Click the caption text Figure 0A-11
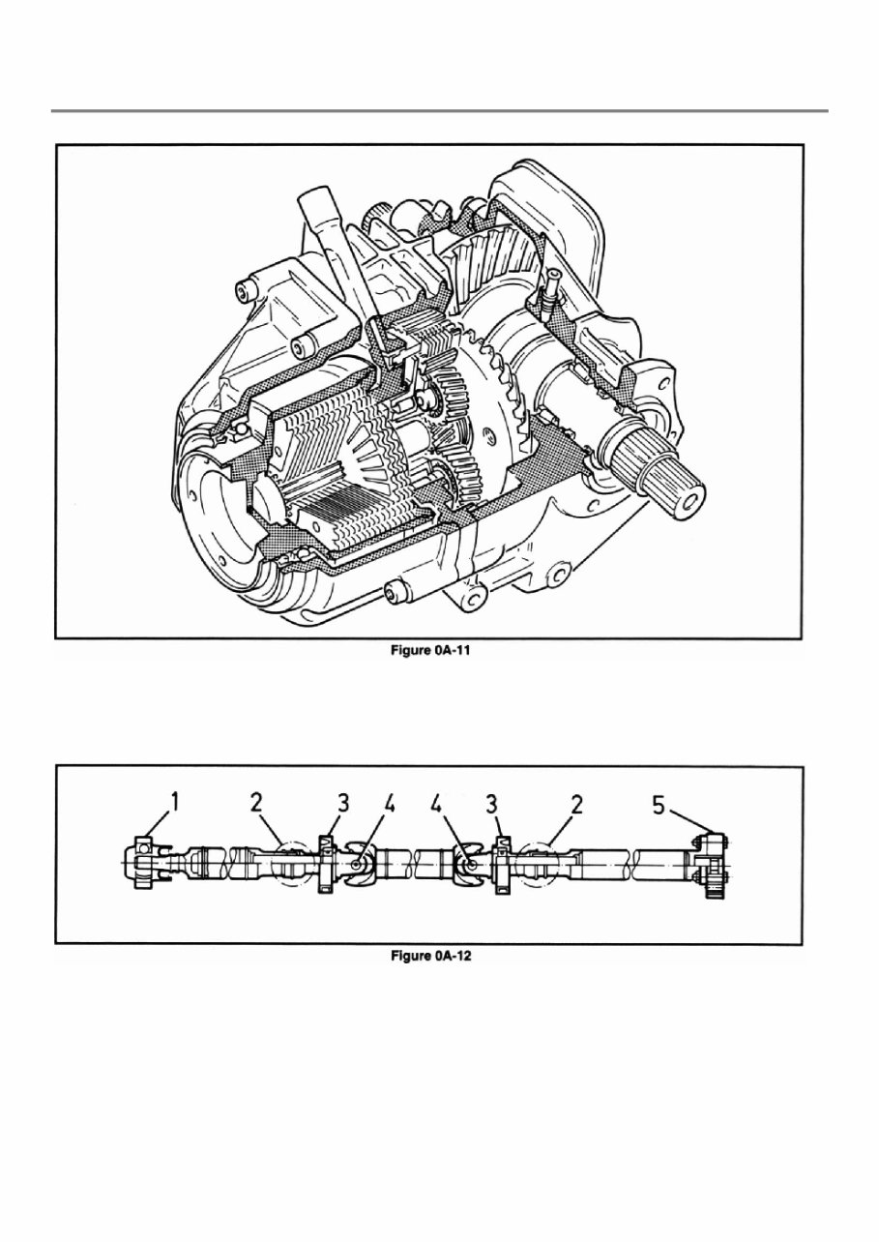coord(429,652)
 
